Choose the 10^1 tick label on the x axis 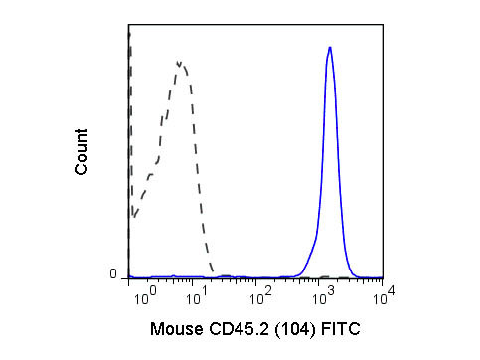click(x=202, y=297)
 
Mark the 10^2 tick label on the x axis click(x=261, y=297)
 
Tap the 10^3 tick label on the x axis click(x=323, y=297)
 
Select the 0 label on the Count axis click(x=112, y=274)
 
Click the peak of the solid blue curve click(x=329, y=47)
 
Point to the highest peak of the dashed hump click(x=179, y=62)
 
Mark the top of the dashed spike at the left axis click(x=129, y=33)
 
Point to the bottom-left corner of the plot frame click(x=129, y=278)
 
